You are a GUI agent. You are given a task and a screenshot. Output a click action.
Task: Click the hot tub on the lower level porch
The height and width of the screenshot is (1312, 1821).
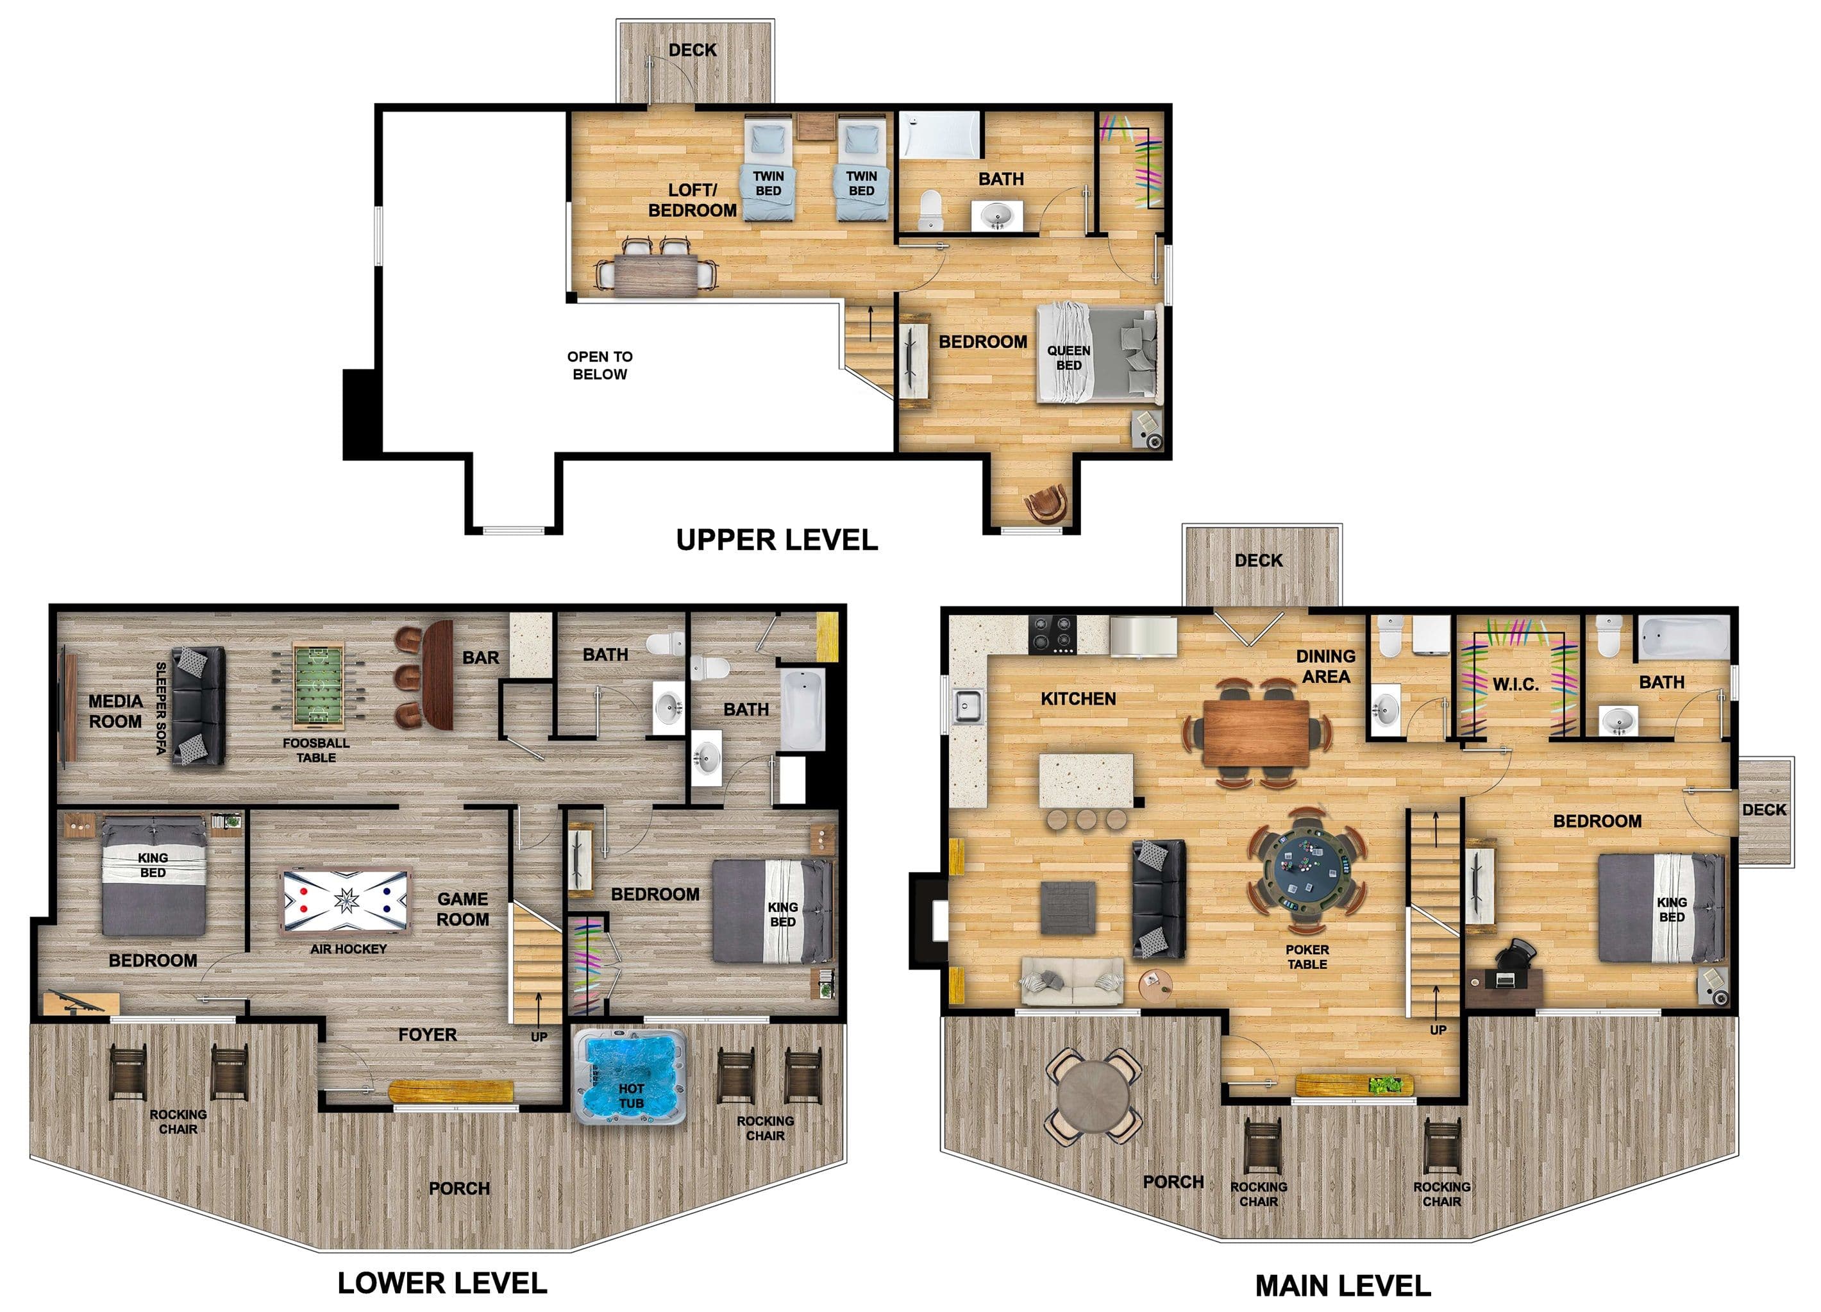click(x=630, y=1076)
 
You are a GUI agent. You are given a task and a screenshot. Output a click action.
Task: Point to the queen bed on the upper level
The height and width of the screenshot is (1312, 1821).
click(x=1098, y=353)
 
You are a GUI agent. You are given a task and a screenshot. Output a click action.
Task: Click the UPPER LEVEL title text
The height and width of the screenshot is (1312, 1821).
click(x=776, y=539)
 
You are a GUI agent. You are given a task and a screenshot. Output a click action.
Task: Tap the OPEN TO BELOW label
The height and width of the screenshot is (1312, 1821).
click(x=600, y=366)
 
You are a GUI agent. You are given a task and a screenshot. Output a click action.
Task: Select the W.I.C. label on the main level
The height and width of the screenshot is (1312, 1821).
click(x=1515, y=685)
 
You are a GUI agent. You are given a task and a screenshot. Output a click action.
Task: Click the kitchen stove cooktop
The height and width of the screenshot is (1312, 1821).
click(x=1053, y=634)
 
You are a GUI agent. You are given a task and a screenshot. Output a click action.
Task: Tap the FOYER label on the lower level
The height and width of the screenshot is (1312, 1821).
click(x=427, y=1035)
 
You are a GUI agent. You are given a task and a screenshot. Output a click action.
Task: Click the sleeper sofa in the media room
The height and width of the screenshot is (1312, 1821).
click(x=198, y=706)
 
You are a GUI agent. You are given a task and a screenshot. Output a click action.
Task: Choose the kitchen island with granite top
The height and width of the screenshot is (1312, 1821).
click(x=1086, y=780)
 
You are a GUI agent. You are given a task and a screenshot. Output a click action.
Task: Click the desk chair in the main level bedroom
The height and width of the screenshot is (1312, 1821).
click(x=1515, y=953)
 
